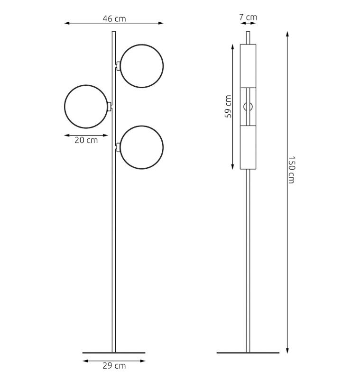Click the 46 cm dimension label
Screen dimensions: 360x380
tap(114, 18)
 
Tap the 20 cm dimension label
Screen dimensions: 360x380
tap(86, 140)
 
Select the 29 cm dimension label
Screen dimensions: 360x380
tap(114, 366)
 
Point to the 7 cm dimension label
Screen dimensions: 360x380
tap(248, 17)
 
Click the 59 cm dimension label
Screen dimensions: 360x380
tap(228, 107)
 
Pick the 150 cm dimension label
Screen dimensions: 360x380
tap(291, 170)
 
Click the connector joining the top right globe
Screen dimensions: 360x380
tap(118, 66)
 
